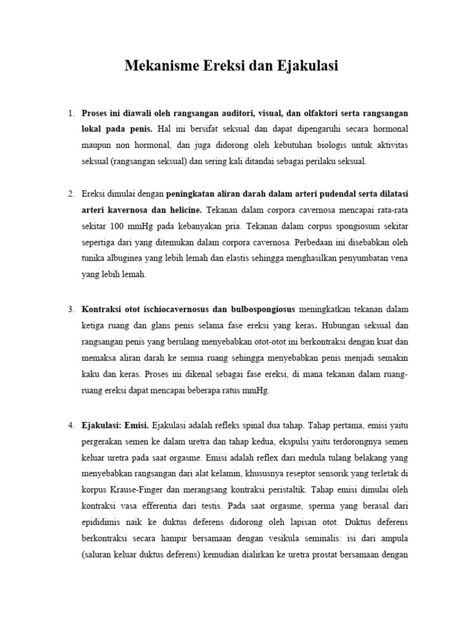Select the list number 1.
71,113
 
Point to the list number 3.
71,309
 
